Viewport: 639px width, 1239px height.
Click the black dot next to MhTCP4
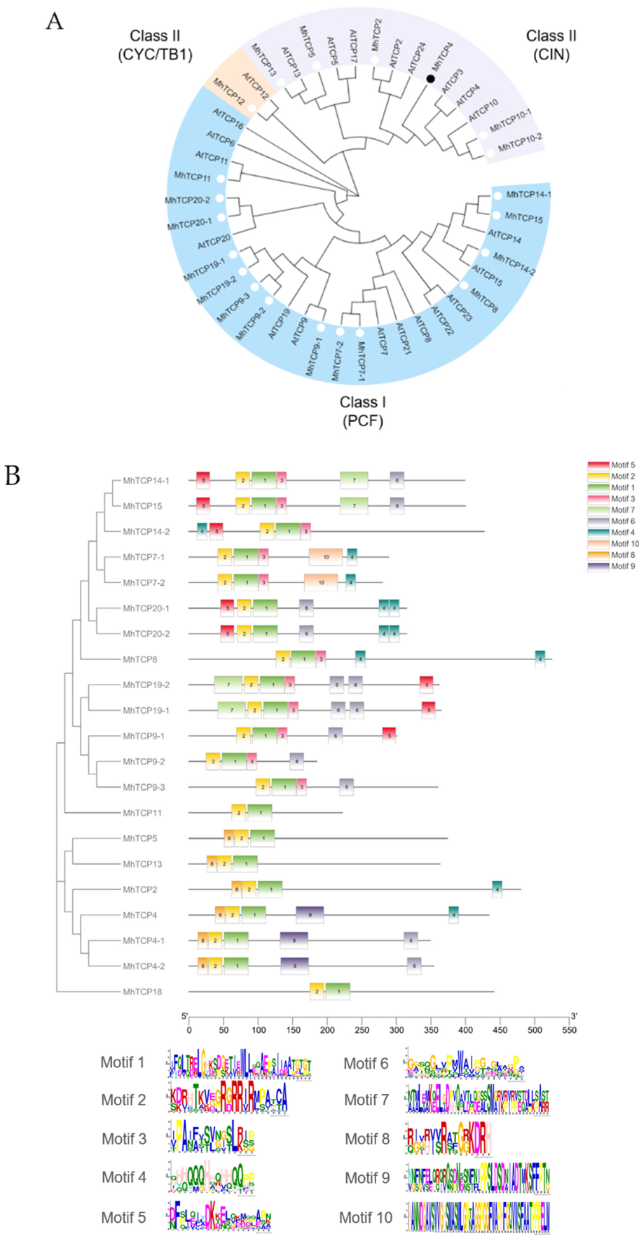[431, 78]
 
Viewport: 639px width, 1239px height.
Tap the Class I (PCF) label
[362, 411]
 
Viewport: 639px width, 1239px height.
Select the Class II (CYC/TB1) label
[155, 45]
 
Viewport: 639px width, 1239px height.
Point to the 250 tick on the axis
[362, 1029]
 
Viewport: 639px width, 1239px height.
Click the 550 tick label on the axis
[569, 1029]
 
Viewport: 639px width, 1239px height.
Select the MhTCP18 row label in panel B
[142, 992]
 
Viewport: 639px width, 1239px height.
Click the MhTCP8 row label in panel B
[140, 659]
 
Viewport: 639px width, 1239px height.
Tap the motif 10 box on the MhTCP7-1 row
[326, 557]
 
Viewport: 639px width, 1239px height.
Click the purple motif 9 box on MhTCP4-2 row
[294, 966]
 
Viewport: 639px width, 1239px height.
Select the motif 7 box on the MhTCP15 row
[354, 505]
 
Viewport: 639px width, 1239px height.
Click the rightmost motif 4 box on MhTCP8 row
[540, 659]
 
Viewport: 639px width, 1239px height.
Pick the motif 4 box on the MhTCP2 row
[497, 889]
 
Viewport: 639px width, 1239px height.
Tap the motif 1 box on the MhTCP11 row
[260, 812]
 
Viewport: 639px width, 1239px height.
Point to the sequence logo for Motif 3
[211, 1137]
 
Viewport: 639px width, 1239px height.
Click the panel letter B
[13, 476]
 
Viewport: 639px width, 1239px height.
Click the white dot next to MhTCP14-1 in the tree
[497, 196]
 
